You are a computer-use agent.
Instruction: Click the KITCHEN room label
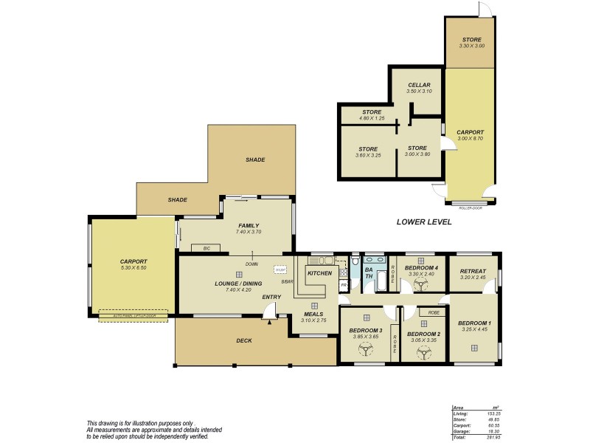pyautogui.click(x=320, y=273)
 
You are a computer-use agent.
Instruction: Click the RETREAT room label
pyautogui.click(x=472, y=270)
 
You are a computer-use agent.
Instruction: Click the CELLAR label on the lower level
pyautogui.click(x=419, y=85)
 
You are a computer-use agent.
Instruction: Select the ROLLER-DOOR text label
pyautogui.click(x=471, y=208)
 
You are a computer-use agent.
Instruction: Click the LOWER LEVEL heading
pyautogui.click(x=423, y=221)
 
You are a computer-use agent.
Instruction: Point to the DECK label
pyautogui.click(x=243, y=341)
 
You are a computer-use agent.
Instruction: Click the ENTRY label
pyautogui.click(x=271, y=298)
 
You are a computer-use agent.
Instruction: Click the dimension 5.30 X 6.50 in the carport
pyautogui.click(x=134, y=267)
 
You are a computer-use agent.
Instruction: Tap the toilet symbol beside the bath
pyautogui.click(x=355, y=261)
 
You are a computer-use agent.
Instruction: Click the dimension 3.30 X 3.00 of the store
pyautogui.click(x=471, y=46)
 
